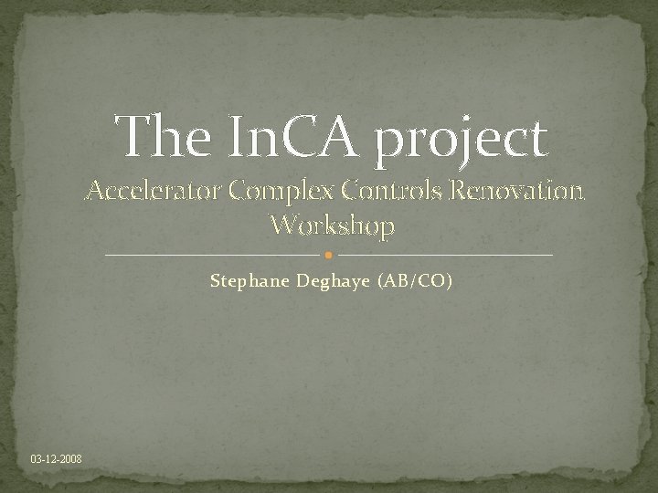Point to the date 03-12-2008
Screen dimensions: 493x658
coord(56,457)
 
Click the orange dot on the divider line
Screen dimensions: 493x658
coord(329,255)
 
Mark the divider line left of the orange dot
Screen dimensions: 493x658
coord(215,255)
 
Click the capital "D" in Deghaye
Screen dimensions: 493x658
coord(303,280)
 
